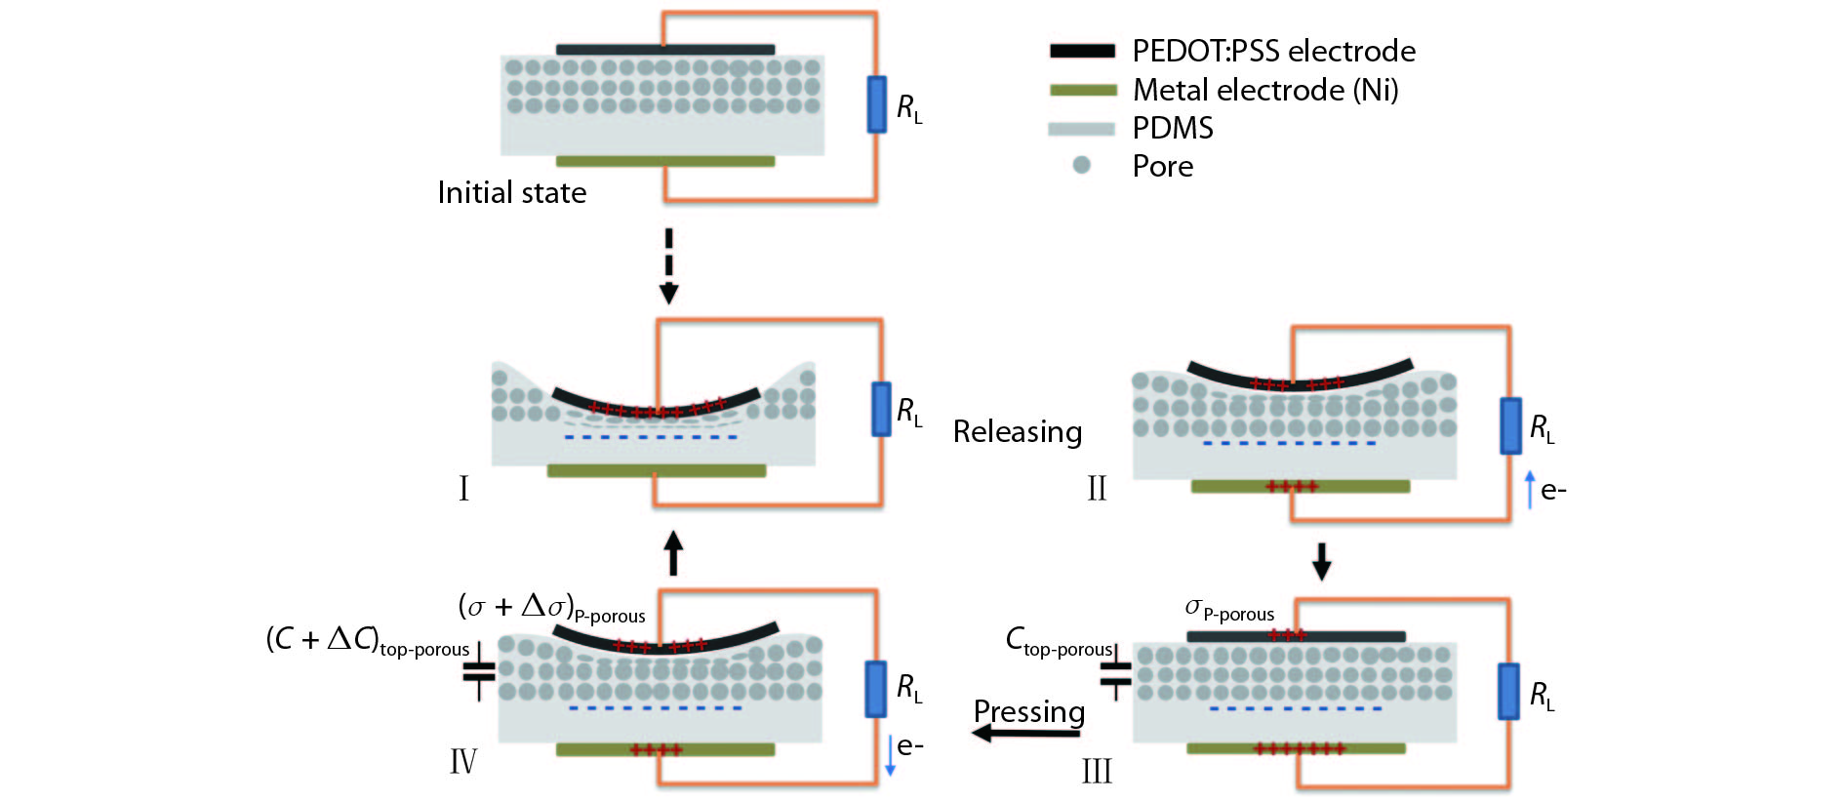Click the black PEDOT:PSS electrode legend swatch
[1082, 51]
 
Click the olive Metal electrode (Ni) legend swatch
[1082, 90]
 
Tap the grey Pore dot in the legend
[1081, 165]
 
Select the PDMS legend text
[1173, 128]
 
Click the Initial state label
[511, 192]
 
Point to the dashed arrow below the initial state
[668, 265]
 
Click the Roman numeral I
[463, 488]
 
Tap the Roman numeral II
[1097, 488]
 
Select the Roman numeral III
[1097, 772]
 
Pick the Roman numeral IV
[463, 761]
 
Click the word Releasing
[1018, 431]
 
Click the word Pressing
[1029, 711]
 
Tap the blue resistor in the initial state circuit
[877, 104]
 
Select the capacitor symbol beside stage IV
[479, 671]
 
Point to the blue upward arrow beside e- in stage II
[1530, 490]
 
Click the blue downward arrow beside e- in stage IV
[890, 755]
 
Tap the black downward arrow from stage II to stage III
[1321, 561]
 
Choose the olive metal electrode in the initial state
[665, 161]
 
